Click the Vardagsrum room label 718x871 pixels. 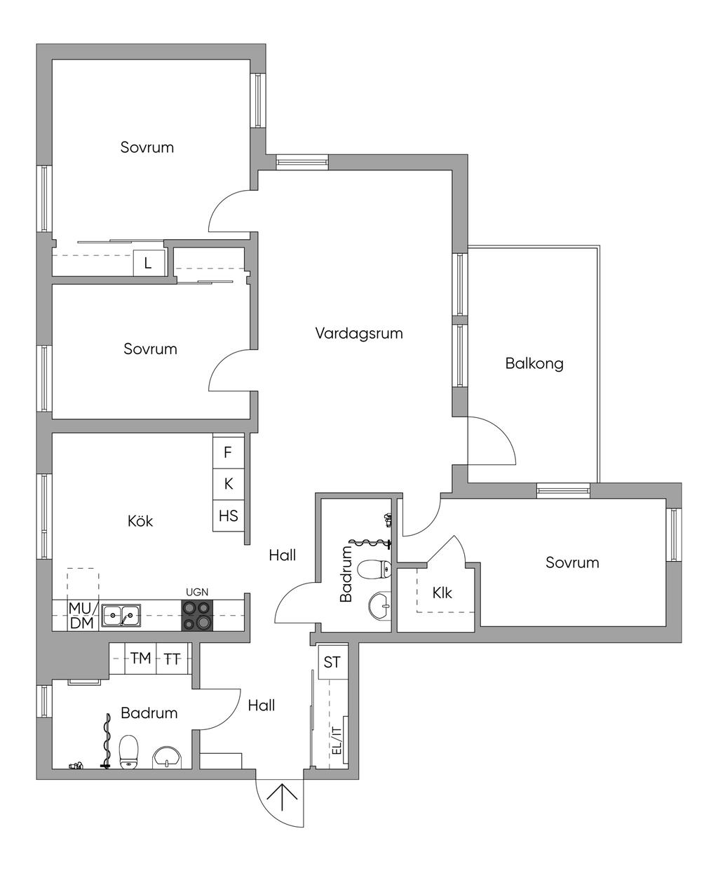click(x=359, y=333)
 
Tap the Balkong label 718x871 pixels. click(x=534, y=363)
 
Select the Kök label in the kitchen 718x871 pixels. click(x=140, y=521)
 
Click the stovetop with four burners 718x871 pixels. click(x=197, y=615)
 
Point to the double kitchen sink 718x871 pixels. click(x=121, y=615)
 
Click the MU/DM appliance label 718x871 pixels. click(x=83, y=615)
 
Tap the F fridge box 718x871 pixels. click(x=228, y=452)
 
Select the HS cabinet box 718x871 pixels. click(x=228, y=515)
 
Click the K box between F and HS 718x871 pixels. click(x=228, y=485)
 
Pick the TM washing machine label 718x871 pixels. click(x=141, y=659)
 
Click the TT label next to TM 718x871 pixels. click(x=172, y=659)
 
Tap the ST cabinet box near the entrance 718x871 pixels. click(x=332, y=662)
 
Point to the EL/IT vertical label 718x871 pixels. click(x=337, y=741)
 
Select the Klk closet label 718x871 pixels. click(x=442, y=593)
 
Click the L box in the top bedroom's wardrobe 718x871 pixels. click(x=149, y=263)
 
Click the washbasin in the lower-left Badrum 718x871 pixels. click(x=167, y=757)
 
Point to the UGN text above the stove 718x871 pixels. click(x=197, y=593)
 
